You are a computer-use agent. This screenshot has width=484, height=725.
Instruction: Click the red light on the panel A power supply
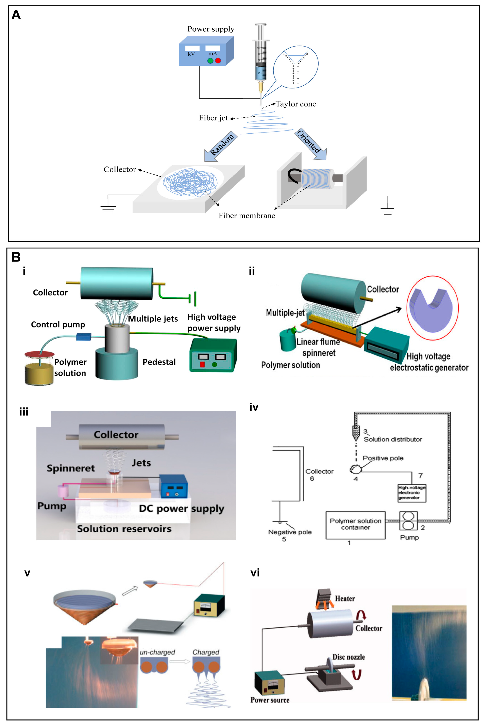click(218, 61)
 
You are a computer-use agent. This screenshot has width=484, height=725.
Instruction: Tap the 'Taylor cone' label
click(296, 104)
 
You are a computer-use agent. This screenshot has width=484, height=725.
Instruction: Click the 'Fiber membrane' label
click(247, 216)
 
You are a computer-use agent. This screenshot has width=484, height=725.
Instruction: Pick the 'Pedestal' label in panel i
click(159, 362)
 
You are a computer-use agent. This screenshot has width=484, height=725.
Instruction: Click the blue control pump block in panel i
click(84, 336)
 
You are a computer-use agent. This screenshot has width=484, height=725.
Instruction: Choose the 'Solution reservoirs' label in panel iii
click(124, 529)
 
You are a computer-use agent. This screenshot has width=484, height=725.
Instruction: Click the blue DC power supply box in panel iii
click(173, 486)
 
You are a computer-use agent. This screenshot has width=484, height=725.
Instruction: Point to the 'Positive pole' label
click(383, 458)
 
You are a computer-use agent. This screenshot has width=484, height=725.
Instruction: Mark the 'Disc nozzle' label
click(348, 657)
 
